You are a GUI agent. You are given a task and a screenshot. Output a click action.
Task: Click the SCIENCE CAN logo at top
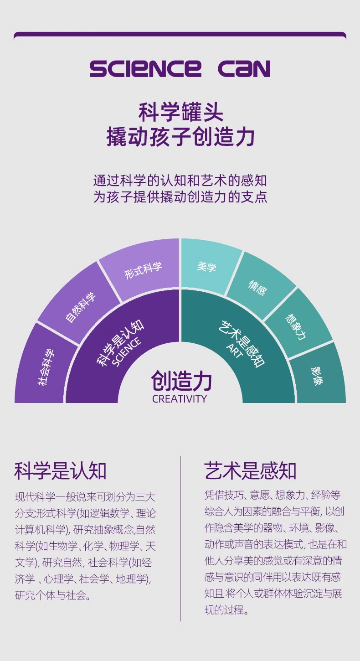point(180,68)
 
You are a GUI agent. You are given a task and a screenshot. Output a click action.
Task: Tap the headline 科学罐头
point(180,112)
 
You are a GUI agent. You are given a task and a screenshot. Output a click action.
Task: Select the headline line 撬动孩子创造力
point(180,137)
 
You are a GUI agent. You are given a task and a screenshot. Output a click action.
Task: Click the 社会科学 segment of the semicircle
point(45,367)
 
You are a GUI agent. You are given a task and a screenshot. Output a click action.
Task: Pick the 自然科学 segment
point(81,308)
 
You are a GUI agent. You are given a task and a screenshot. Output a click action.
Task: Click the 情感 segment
point(257,288)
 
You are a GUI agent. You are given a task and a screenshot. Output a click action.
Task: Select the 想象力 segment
point(296,326)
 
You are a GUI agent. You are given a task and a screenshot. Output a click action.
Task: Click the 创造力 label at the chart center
point(181,381)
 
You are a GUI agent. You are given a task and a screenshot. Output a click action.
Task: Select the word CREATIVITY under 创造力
point(180,399)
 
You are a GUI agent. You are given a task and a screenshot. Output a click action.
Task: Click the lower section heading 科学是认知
point(60,471)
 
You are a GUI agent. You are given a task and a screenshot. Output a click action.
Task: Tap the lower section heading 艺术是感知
point(250,471)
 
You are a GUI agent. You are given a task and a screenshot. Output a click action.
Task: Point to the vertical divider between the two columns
point(180,538)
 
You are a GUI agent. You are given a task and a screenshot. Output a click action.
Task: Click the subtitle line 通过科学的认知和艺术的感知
point(180,181)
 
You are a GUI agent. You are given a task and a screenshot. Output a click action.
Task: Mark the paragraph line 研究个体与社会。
point(53,595)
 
